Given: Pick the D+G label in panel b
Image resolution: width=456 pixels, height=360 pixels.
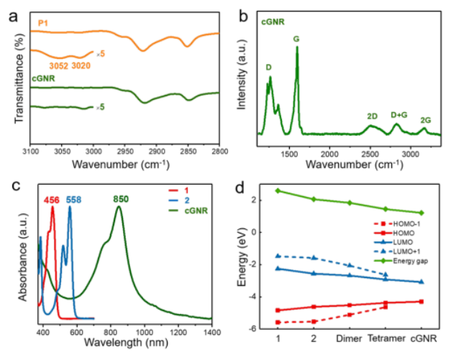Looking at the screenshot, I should point(399,114).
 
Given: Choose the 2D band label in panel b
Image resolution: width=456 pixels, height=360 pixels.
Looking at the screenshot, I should point(372,116).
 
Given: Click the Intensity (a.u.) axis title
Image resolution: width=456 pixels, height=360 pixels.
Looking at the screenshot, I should point(243,80).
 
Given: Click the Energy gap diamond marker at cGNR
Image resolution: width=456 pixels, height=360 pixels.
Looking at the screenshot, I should point(421,213).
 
